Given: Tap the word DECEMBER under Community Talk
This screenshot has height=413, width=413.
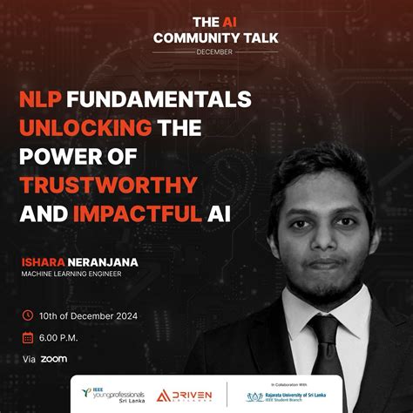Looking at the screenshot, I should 206,51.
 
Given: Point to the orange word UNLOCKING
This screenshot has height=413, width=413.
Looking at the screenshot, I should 85,127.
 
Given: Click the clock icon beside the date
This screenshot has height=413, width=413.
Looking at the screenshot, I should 27,315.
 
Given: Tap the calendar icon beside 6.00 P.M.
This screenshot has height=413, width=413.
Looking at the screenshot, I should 27,337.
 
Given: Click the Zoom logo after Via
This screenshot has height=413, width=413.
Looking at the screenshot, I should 53,358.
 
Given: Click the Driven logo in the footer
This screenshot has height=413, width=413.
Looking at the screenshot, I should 184,396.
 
